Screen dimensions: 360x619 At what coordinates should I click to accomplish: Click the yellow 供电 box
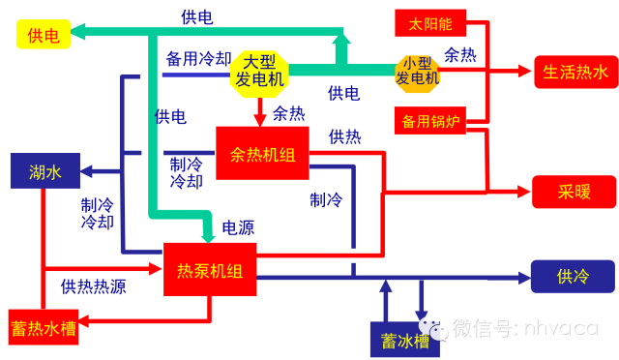pos(43,35)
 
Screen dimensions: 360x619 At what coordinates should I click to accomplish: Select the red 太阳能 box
pos(430,22)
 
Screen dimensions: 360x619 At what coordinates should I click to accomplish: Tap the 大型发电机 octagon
pos(260,71)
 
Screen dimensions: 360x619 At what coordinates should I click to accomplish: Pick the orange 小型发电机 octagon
pos(418,70)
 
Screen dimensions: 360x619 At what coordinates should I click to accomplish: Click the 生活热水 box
pos(575,72)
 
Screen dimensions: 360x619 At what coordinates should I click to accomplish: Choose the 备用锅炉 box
pos(429,121)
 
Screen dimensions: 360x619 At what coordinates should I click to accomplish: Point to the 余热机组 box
pos(262,152)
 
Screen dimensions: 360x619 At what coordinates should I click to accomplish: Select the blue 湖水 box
pos(44,171)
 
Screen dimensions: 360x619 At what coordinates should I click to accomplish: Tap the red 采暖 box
pos(574,190)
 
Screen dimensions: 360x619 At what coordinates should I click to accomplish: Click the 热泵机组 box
pos(210,269)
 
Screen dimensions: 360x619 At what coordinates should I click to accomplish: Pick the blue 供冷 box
pos(572,276)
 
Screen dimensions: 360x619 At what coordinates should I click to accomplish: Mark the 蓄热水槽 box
pos(43,327)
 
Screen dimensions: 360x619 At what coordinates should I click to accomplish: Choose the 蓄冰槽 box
pos(404,340)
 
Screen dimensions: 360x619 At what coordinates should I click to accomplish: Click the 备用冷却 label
pos(197,57)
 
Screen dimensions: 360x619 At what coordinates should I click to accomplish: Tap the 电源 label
pos(238,228)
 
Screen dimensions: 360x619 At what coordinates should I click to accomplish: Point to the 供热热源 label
pos(93,286)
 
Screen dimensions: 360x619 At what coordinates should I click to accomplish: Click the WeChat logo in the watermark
pos(432,327)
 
